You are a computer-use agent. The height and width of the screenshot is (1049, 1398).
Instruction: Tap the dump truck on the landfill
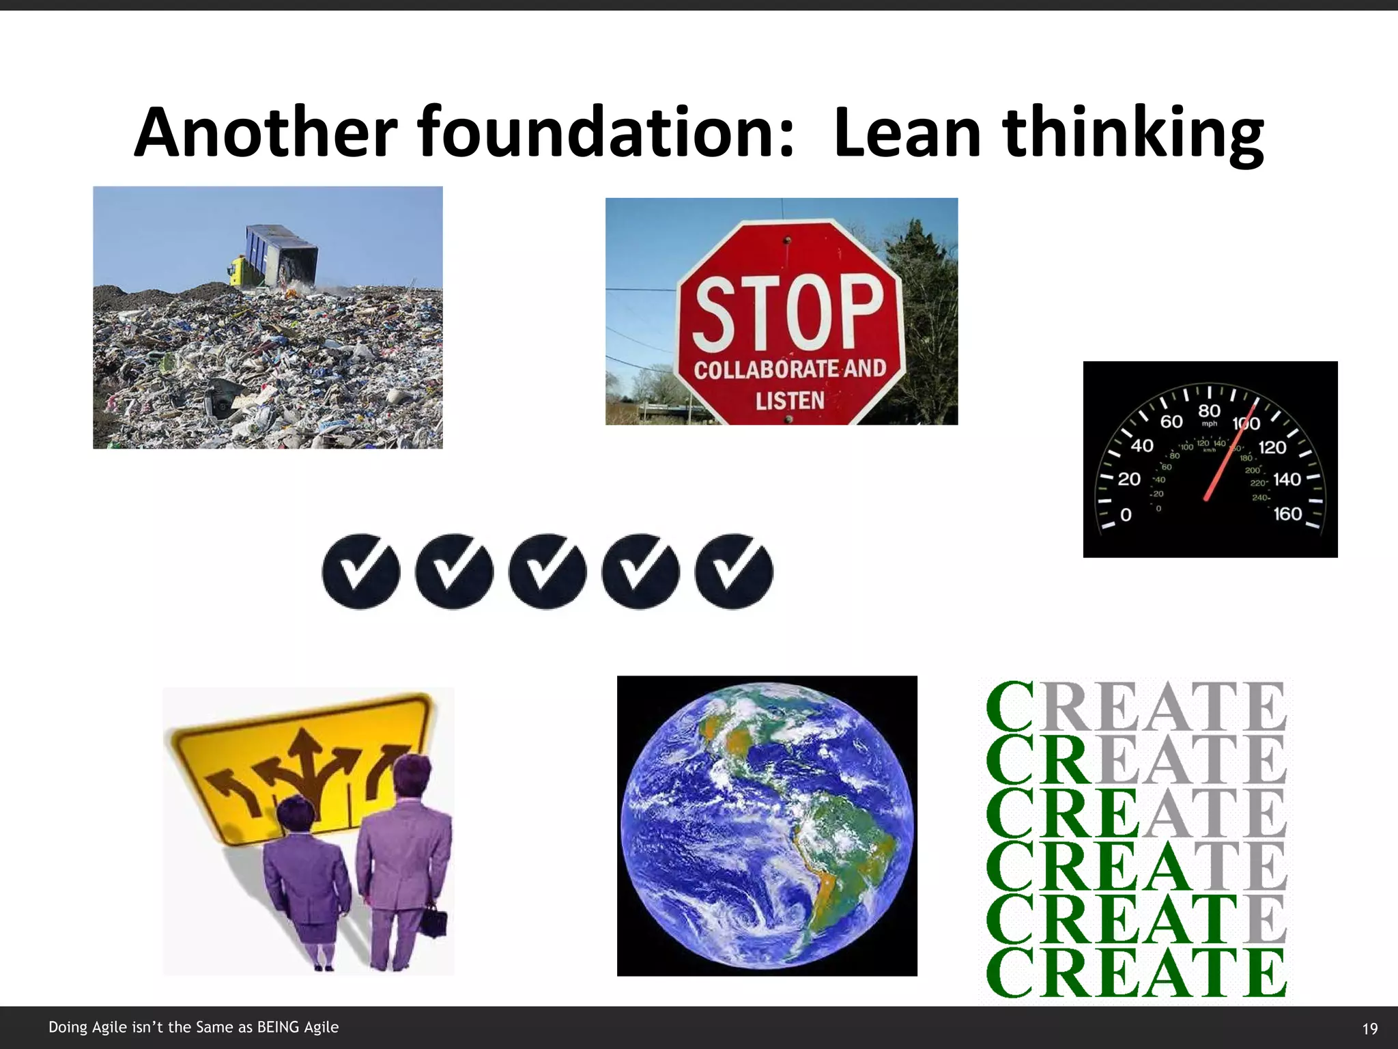[276, 256]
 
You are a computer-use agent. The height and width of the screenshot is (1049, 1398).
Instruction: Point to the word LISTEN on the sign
[790, 401]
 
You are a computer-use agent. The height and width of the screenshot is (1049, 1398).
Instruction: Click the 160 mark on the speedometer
[1287, 514]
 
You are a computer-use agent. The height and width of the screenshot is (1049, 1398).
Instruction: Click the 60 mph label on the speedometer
[1171, 421]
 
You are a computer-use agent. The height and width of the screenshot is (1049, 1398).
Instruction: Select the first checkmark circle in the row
[360, 572]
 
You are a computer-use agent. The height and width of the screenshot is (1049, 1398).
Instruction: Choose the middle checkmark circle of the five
[547, 572]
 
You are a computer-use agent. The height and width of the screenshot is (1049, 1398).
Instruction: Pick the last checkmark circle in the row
[734, 572]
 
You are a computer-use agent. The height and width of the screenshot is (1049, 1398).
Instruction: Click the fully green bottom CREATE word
[1136, 973]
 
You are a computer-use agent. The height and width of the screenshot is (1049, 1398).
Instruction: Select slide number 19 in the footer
[1369, 1029]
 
